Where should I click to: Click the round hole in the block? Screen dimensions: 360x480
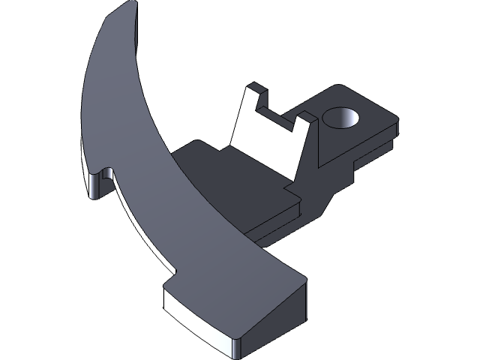click(342, 118)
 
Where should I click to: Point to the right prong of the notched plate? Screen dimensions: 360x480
click(306, 121)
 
